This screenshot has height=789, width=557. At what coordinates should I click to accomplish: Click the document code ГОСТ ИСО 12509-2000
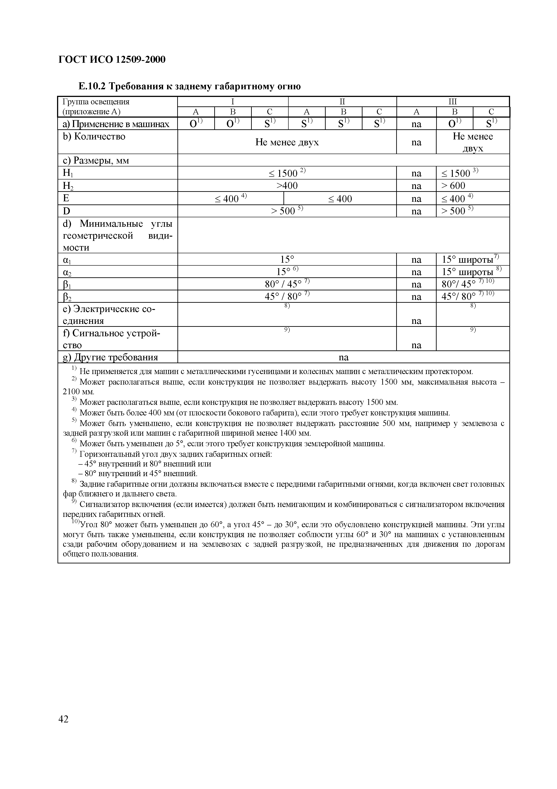(x=112, y=60)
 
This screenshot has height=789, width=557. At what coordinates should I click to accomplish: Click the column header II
(x=342, y=102)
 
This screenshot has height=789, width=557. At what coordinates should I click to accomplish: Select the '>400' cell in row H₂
(x=287, y=186)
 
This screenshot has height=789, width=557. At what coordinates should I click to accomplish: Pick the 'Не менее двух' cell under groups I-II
(x=287, y=142)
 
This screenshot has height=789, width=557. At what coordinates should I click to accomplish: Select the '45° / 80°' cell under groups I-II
(x=287, y=296)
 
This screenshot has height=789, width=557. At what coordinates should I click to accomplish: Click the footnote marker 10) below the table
(x=75, y=522)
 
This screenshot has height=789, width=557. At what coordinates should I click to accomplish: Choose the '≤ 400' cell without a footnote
(x=340, y=199)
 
